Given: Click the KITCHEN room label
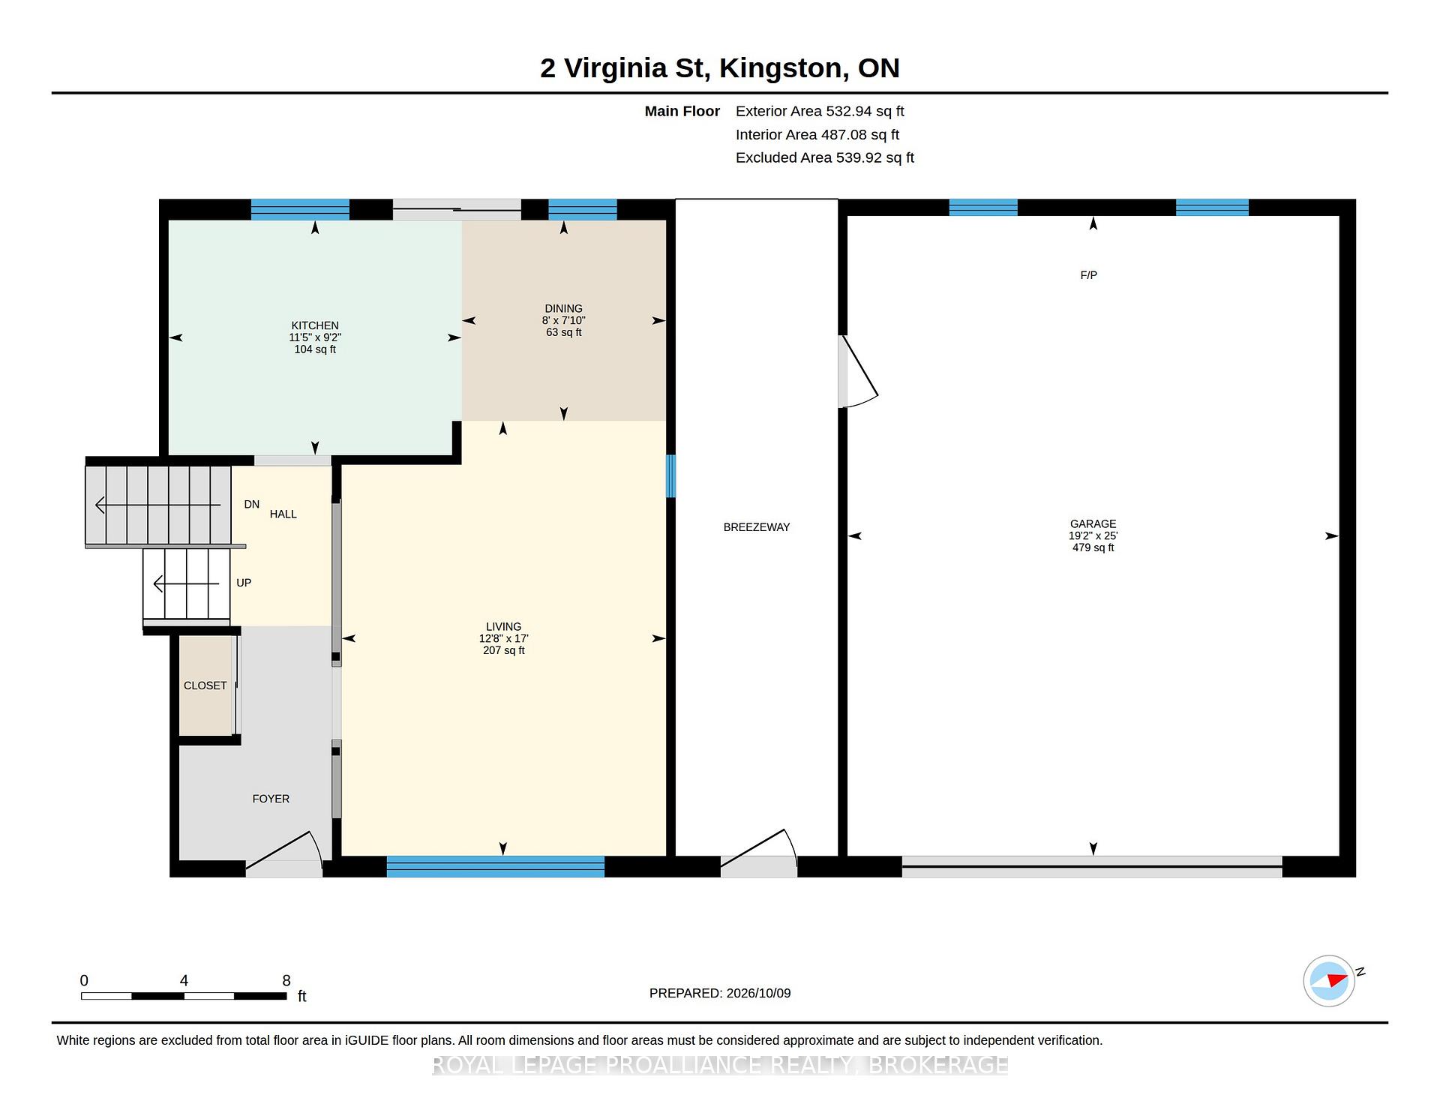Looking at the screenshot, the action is pyautogui.click(x=315, y=325).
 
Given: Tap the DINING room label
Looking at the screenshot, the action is pyautogui.click(x=563, y=308).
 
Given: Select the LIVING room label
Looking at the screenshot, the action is pyautogui.click(x=503, y=626).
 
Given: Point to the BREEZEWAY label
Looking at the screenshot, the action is pyautogui.click(x=757, y=527).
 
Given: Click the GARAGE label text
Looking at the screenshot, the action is pyautogui.click(x=1093, y=524).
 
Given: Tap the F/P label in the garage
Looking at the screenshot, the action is pyautogui.click(x=1088, y=275).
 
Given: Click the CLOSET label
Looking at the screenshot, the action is pyautogui.click(x=205, y=685).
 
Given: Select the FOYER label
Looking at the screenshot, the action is pyautogui.click(x=271, y=799).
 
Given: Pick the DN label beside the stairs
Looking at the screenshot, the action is pyautogui.click(x=252, y=505).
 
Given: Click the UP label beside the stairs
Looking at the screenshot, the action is pyautogui.click(x=244, y=583).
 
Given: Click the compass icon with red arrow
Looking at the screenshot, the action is pyautogui.click(x=1329, y=980).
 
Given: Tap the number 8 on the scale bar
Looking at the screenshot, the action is pyautogui.click(x=286, y=980).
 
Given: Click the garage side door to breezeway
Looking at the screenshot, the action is pyautogui.click(x=857, y=372).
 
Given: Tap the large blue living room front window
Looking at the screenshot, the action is pyautogui.click(x=496, y=866).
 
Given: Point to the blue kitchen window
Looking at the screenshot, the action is pyautogui.click(x=300, y=209).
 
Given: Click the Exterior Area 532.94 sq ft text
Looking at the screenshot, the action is pyautogui.click(x=820, y=111).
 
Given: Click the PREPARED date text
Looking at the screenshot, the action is pyautogui.click(x=720, y=993).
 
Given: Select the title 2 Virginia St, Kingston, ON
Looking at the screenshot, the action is pyautogui.click(x=720, y=68).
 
